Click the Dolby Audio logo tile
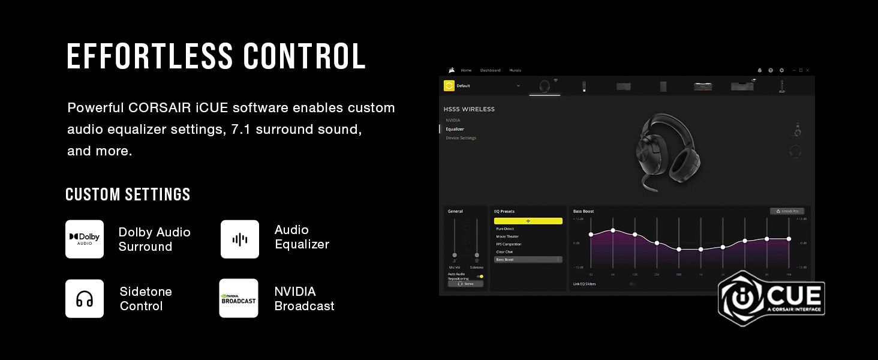[x=85, y=239]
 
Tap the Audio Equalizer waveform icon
[x=240, y=239]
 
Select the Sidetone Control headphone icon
[x=85, y=299]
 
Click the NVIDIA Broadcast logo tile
[x=239, y=298]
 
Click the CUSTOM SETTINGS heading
[x=128, y=194]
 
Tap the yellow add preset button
[x=528, y=221]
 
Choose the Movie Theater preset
[x=507, y=236]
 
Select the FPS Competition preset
[x=509, y=244]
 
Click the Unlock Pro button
[x=787, y=211]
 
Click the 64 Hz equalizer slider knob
[x=613, y=230]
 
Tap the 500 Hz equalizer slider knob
[x=679, y=249]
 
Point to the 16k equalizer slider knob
[x=789, y=238]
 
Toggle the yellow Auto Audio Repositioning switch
[x=480, y=276]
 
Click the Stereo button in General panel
[x=465, y=284]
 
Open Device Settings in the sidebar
[x=461, y=138]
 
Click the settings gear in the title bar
[x=781, y=70]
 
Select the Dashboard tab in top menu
[x=490, y=70]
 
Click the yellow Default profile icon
[x=449, y=86]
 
